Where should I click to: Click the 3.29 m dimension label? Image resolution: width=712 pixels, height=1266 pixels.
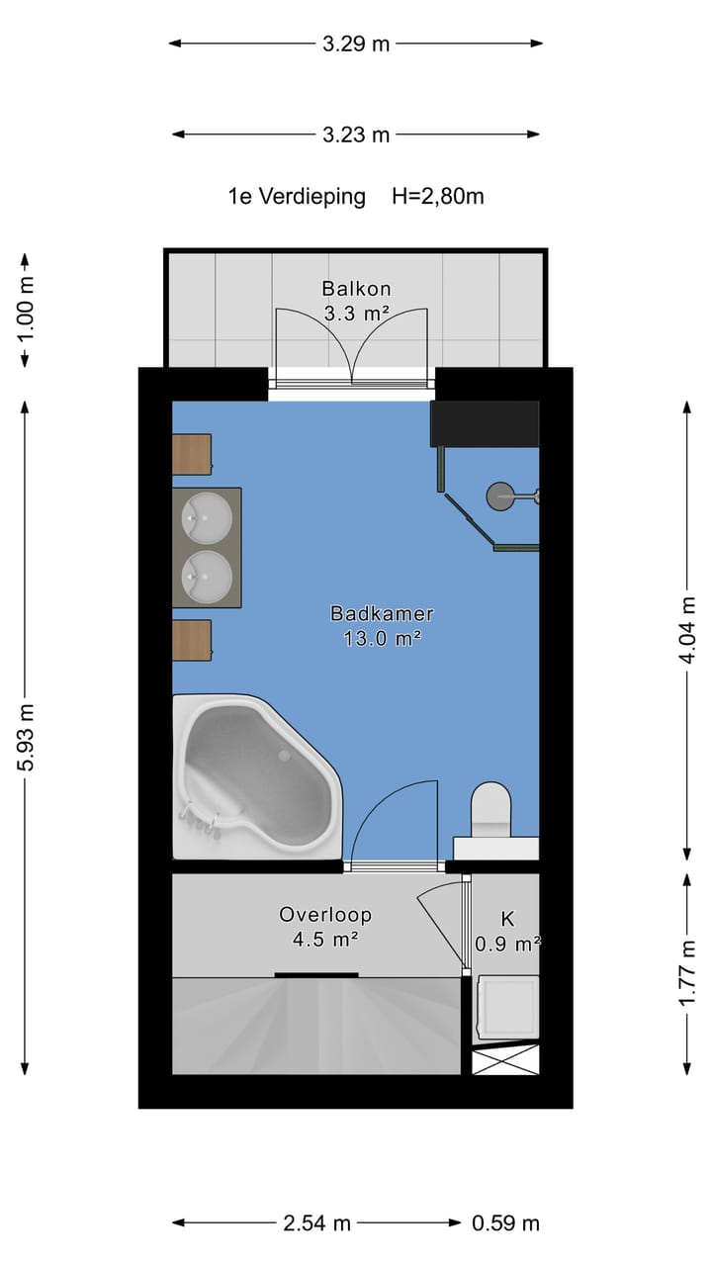coord(356,44)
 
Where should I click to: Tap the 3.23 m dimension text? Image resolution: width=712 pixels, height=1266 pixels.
coord(356,135)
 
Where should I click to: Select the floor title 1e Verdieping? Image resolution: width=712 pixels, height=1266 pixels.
coord(297,197)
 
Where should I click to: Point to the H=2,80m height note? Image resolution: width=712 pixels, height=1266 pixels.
coord(438,196)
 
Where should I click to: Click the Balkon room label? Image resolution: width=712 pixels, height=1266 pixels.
coord(356,289)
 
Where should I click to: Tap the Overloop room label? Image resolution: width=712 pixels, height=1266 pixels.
coord(325,915)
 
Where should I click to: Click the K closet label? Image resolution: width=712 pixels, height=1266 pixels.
coord(507,919)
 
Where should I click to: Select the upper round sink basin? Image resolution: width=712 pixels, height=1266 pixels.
coord(207,517)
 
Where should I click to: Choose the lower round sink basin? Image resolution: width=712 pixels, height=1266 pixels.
coord(207,577)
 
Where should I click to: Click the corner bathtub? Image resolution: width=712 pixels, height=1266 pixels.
coord(257,776)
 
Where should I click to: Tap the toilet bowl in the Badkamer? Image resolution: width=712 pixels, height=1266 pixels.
coord(491,809)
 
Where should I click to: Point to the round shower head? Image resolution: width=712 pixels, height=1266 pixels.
coord(499,497)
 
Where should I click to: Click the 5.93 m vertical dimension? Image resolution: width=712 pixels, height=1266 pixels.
coord(26,738)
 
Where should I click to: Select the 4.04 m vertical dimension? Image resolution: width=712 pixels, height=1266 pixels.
coord(687,630)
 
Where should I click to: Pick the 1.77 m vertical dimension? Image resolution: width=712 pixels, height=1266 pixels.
coord(687,973)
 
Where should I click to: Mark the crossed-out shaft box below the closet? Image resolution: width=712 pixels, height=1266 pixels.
coord(505,1059)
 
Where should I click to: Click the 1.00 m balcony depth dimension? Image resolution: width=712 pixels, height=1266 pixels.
coord(26,310)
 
